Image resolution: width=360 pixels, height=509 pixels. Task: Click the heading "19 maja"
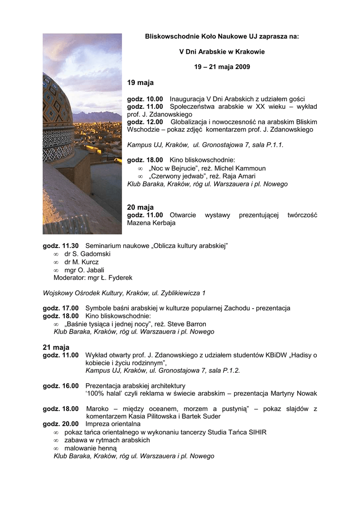141,83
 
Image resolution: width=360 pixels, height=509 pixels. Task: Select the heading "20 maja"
141,207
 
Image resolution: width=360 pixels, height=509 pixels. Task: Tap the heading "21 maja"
56,347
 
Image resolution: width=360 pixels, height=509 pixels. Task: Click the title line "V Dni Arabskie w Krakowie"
222,51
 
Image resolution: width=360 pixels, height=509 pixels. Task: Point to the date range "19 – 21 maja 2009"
222,67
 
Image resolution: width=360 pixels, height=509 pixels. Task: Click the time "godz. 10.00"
145,99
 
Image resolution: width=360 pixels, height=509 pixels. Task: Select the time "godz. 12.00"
145,122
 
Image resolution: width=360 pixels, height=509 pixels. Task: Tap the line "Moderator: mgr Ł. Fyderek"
93,278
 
